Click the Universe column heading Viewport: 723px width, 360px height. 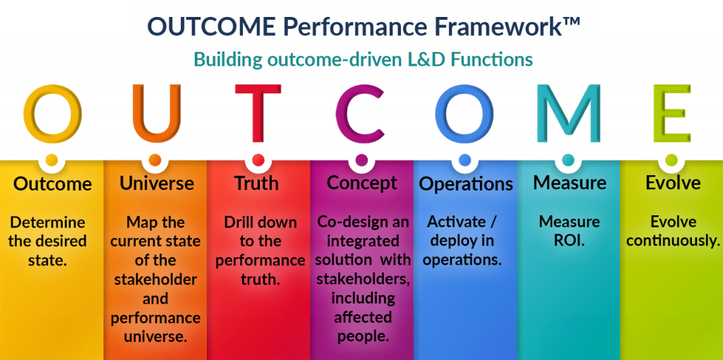(x=157, y=184)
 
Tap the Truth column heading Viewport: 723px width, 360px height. (x=257, y=184)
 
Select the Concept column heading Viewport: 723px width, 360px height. (x=362, y=184)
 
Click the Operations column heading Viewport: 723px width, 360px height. (x=466, y=184)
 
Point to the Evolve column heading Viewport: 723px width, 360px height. (x=673, y=184)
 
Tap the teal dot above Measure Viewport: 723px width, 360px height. (x=568, y=160)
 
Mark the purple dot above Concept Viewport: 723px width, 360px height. (x=362, y=160)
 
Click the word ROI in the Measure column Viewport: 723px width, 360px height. (x=568, y=241)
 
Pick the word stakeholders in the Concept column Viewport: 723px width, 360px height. (x=364, y=279)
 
